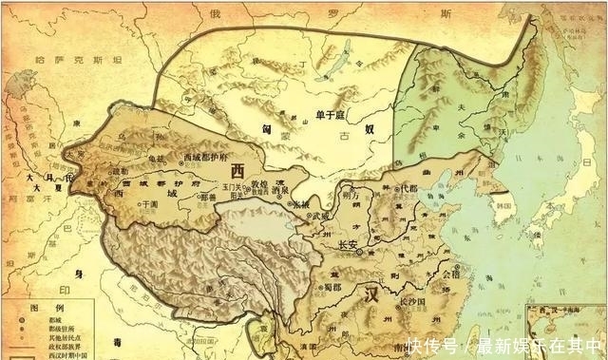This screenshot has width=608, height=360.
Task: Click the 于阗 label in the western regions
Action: [148, 203]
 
